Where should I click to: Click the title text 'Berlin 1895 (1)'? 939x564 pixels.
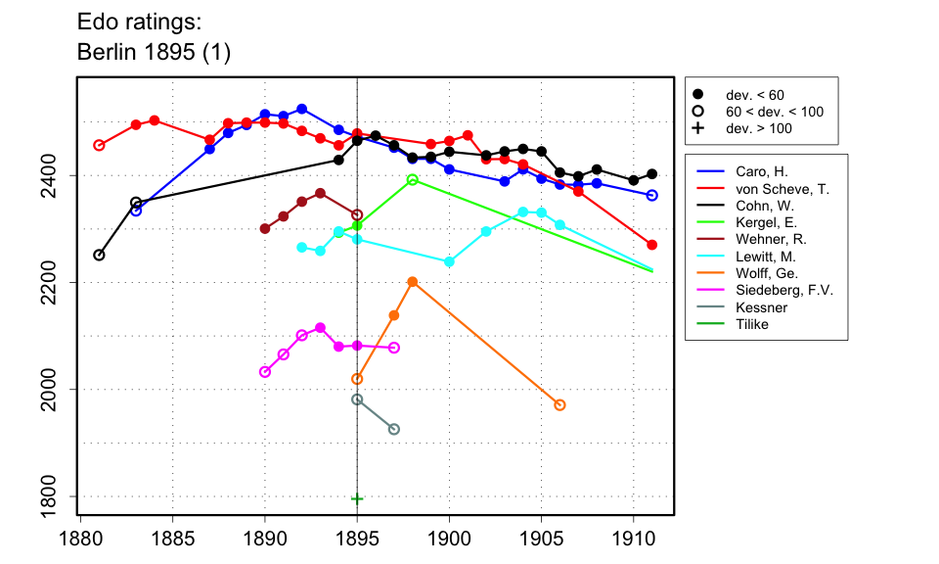[154, 53]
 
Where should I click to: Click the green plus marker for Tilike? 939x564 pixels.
[357, 498]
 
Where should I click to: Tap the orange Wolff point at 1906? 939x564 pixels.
[559, 405]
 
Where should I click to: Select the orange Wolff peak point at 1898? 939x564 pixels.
[413, 282]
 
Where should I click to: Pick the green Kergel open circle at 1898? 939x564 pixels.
[413, 180]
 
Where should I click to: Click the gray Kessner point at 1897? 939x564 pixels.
[394, 429]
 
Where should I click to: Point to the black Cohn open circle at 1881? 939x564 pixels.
[99, 256]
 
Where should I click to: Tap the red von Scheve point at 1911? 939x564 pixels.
[652, 245]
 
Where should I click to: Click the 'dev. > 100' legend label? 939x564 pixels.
[758, 128]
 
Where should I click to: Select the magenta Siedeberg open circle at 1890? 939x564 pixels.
[265, 372]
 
